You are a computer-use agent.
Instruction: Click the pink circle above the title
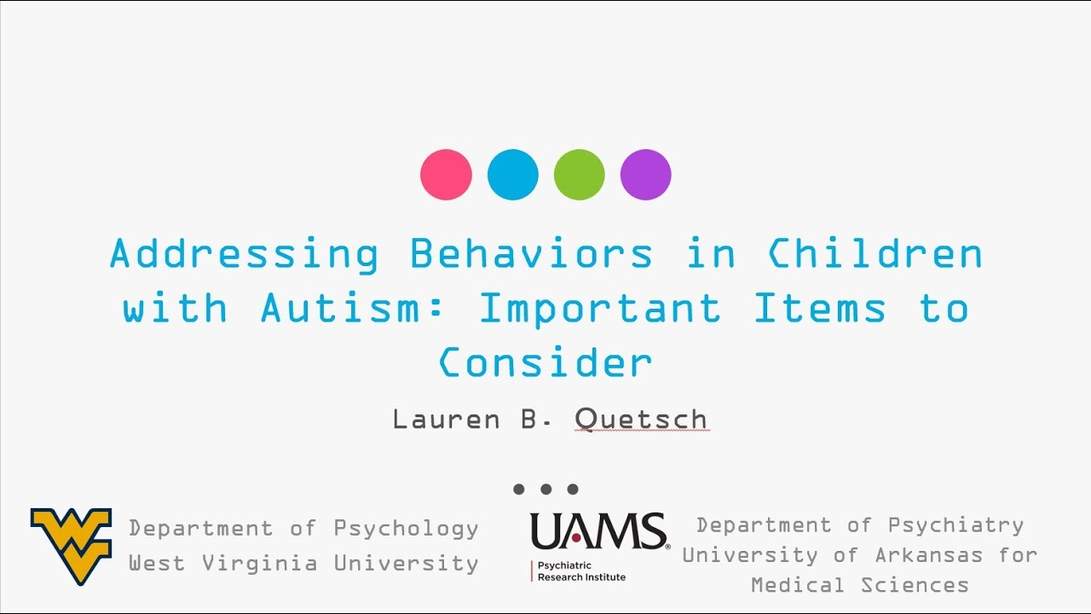[446, 175]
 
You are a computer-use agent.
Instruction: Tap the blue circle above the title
[512, 175]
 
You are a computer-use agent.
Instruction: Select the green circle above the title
[580, 175]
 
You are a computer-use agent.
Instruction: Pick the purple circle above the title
[646, 175]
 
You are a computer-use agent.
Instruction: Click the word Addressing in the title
[244, 255]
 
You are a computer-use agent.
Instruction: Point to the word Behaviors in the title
[531, 254]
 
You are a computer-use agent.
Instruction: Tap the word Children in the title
[875, 254]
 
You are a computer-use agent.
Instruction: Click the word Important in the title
[600, 310]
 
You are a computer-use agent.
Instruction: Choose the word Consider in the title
[545, 362]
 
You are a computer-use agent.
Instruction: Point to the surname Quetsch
[641, 420]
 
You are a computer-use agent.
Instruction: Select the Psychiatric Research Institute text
[581, 571]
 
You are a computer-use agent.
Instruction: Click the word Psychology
[406, 529]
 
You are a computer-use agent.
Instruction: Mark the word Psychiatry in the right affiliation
[955, 525]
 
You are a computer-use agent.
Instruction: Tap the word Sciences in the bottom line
[915, 585]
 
